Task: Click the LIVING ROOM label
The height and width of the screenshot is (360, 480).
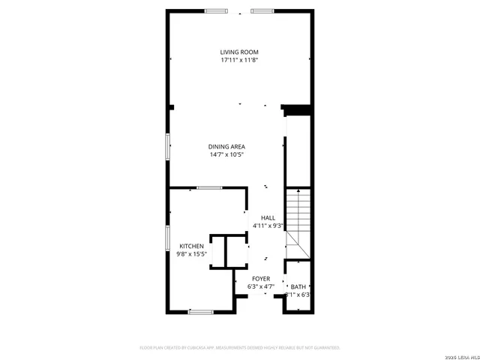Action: click(239, 52)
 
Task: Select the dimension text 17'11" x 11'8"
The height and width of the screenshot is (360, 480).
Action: click(239, 60)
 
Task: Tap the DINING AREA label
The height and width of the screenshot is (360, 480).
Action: click(226, 146)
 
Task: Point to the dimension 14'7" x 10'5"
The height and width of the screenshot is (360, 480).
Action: click(226, 154)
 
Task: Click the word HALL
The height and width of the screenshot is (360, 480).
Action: click(268, 217)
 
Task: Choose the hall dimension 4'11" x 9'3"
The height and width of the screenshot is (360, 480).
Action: click(268, 226)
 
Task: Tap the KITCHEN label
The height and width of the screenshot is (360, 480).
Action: click(191, 246)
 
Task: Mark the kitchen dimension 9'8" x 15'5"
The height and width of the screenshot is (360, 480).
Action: click(191, 254)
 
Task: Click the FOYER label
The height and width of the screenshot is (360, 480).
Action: click(261, 278)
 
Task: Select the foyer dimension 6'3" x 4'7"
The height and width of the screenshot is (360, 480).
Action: click(261, 286)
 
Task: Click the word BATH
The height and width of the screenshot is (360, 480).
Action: click(298, 286)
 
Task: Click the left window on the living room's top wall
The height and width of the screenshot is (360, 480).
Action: click(217, 10)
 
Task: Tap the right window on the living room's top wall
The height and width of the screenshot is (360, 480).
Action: click(262, 10)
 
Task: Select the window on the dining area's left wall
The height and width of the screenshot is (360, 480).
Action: click(167, 147)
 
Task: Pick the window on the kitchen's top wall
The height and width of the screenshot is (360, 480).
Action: click(209, 187)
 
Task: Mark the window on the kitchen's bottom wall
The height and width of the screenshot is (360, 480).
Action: click(201, 311)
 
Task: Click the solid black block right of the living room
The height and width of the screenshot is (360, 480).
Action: click(297, 109)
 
